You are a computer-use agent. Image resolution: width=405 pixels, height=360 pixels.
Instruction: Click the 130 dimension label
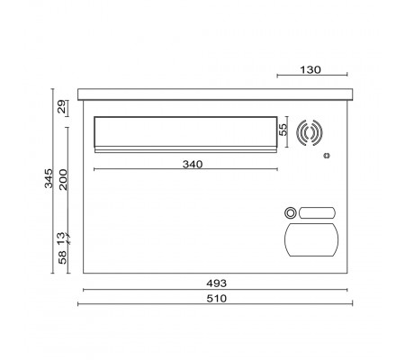pos(310,70)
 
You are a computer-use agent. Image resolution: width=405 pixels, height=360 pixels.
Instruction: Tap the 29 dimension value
pos(61,106)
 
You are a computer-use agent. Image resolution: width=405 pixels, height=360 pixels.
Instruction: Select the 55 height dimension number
pos(283,130)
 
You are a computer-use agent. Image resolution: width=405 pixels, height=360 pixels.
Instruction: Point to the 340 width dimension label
pos(193,165)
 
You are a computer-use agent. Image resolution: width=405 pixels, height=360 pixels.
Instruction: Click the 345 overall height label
pos(49,178)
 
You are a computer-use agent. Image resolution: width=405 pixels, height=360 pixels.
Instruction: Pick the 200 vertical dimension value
pos(63,179)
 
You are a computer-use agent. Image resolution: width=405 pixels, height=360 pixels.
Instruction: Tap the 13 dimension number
pos(61,238)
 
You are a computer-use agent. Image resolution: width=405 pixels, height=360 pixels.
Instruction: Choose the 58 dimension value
pos(62,257)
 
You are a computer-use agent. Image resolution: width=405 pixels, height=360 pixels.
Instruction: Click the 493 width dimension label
pos(217,283)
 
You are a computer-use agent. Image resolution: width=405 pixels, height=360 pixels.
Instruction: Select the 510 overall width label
pos(217,299)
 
